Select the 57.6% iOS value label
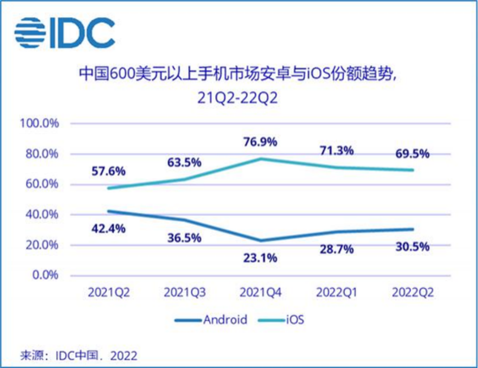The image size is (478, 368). pyautogui.click(x=108, y=171)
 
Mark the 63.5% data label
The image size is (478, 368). pyautogui.click(x=184, y=163)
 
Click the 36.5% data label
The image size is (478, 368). pyautogui.click(x=184, y=237)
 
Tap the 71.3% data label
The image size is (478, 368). pyautogui.click(x=336, y=150)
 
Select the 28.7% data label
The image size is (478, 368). pyautogui.click(x=336, y=250)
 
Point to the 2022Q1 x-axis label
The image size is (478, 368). pyautogui.click(x=336, y=292)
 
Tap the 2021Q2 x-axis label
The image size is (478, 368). pyautogui.click(x=108, y=292)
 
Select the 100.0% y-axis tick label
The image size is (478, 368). pyautogui.click(x=40, y=124)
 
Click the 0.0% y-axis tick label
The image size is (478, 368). pyautogui.click(x=45, y=275)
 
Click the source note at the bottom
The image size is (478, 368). pyautogui.click(x=79, y=354)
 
